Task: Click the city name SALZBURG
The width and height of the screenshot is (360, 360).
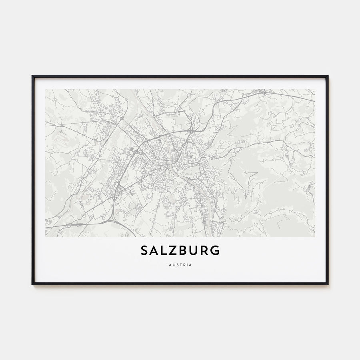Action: (180, 251)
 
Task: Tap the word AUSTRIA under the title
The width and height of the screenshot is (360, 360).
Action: (180, 265)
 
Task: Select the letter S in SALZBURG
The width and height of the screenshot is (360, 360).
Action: (145, 251)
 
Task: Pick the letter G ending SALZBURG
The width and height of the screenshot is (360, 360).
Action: (215, 251)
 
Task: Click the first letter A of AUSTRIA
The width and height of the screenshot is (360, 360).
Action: (170, 265)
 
